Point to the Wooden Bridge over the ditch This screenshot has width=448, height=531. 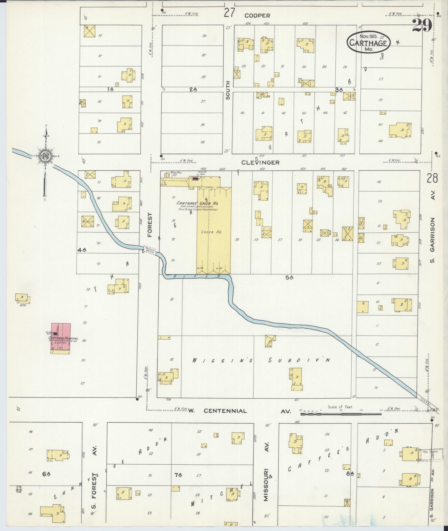[x=150, y=249]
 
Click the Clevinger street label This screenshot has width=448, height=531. [x=260, y=163]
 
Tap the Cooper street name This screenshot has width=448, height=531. [x=257, y=16]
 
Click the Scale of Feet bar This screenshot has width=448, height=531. [x=341, y=414]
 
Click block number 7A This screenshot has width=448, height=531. [x=178, y=475]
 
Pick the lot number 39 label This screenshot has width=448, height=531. [x=202, y=142]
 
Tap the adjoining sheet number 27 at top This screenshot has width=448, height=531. [x=230, y=13]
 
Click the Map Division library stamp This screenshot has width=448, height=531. [x=429, y=455]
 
